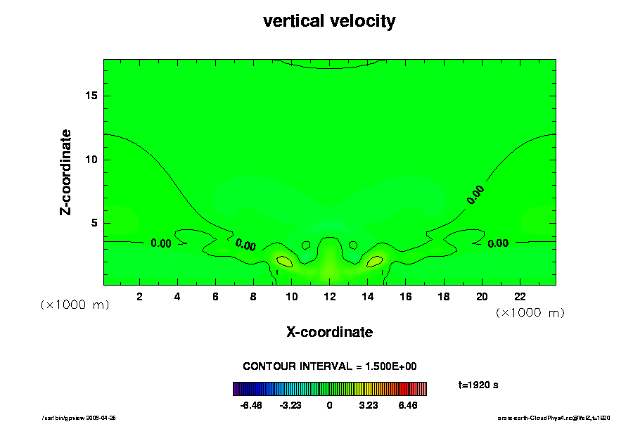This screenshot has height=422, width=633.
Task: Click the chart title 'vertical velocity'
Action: click(x=329, y=21)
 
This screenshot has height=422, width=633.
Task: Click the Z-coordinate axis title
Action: click(x=66, y=172)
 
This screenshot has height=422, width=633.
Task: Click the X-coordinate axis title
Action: click(x=329, y=332)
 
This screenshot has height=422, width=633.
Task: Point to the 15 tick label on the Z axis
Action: click(x=91, y=96)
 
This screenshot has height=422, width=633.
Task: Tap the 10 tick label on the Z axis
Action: click(x=91, y=160)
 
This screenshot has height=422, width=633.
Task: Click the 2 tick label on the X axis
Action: click(x=139, y=297)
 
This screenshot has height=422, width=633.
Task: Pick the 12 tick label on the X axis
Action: click(x=329, y=297)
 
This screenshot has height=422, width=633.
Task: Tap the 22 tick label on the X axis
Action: click(x=520, y=297)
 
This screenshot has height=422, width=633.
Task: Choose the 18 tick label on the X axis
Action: click(x=444, y=297)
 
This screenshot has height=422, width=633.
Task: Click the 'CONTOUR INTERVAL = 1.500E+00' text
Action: click(x=330, y=366)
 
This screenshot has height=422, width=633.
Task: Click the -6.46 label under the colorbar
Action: click(x=250, y=406)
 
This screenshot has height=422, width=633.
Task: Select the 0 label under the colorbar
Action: click(x=329, y=406)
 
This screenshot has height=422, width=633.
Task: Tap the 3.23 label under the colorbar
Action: click(x=368, y=406)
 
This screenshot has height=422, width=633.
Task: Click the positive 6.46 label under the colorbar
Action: click(x=408, y=406)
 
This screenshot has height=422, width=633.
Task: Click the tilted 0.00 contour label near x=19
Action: click(x=477, y=195)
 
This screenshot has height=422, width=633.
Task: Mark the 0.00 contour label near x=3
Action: click(x=161, y=244)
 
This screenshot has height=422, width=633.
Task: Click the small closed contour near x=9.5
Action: click(x=284, y=261)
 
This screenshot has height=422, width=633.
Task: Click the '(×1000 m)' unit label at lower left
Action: click(x=75, y=305)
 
